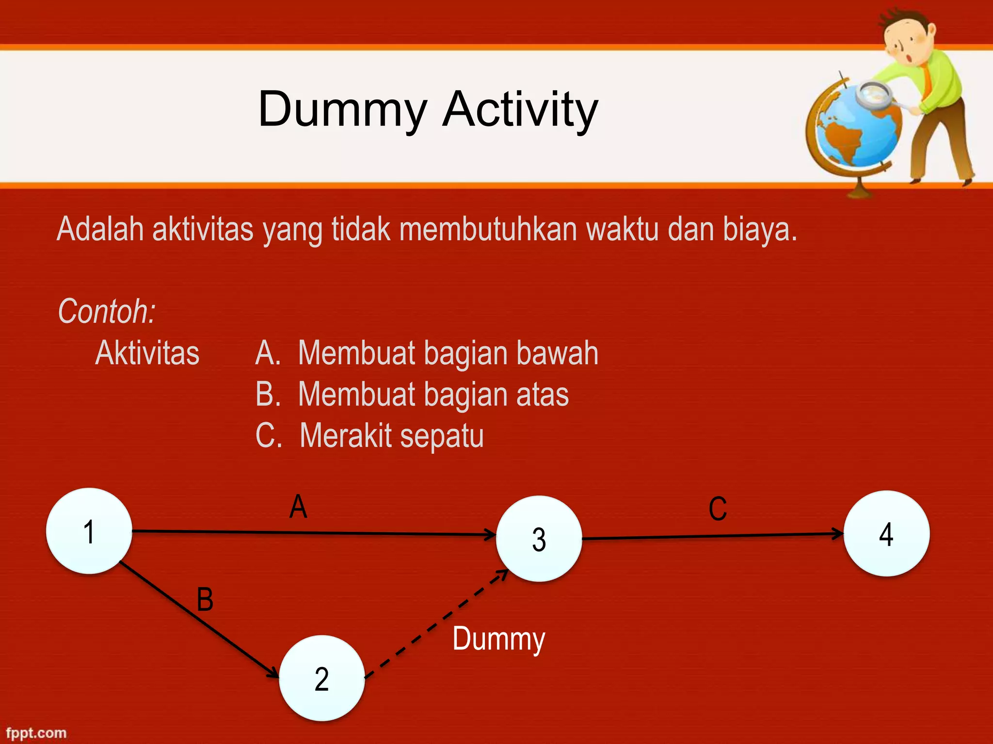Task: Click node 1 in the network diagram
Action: click(89, 531)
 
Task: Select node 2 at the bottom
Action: click(322, 678)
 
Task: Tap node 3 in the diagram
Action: click(539, 539)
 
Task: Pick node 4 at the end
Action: click(886, 534)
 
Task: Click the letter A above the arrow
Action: click(298, 507)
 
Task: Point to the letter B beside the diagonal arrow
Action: click(205, 599)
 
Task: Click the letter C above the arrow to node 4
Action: click(718, 509)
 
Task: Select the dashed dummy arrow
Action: click(436, 625)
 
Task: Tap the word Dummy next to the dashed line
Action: click(498, 639)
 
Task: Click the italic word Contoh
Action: click(107, 311)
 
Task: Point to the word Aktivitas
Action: click(147, 353)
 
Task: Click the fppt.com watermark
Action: click(36, 733)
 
